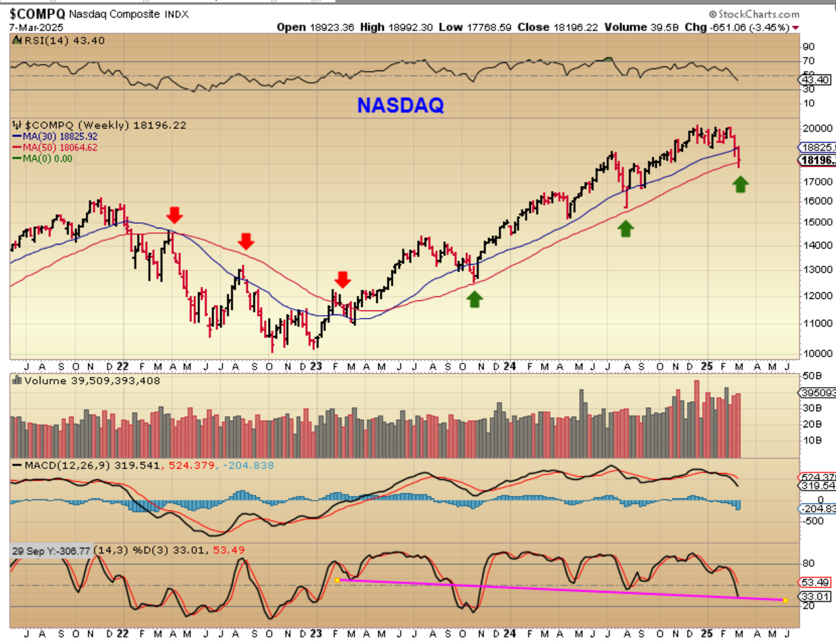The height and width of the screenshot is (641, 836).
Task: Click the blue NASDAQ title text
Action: tap(400, 105)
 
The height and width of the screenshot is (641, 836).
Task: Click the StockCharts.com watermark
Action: tap(754, 14)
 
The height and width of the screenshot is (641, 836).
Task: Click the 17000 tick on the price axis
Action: tap(818, 181)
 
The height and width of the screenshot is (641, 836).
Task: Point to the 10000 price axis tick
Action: tap(818, 353)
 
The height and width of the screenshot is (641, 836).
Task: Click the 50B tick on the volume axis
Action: tap(812, 376)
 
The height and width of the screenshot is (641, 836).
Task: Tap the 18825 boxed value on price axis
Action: tap(818, 148)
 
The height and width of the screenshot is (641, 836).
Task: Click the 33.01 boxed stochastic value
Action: tap(815, 597)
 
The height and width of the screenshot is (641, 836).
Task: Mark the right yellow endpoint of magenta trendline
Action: tap(785, 600)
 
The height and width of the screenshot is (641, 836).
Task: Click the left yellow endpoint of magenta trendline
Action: tap(336, 580)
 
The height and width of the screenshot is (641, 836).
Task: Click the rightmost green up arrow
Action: tap(740, 184)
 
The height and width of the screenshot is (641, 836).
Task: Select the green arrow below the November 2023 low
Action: tap(475, 299)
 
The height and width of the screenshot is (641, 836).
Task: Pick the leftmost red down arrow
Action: tap(175, 215)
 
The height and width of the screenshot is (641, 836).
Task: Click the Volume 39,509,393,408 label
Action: tap(92, 381)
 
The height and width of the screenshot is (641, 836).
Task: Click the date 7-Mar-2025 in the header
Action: tap(36, 28)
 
